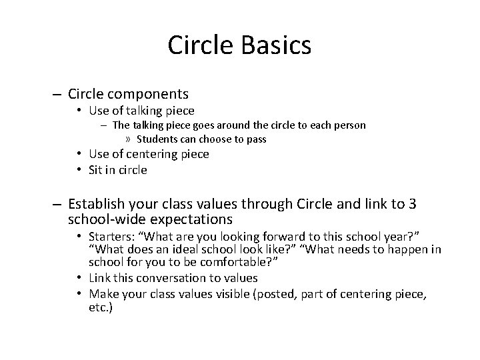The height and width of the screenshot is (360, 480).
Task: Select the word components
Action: click(155, 94)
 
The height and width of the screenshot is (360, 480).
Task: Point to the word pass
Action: click(255, 139)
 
